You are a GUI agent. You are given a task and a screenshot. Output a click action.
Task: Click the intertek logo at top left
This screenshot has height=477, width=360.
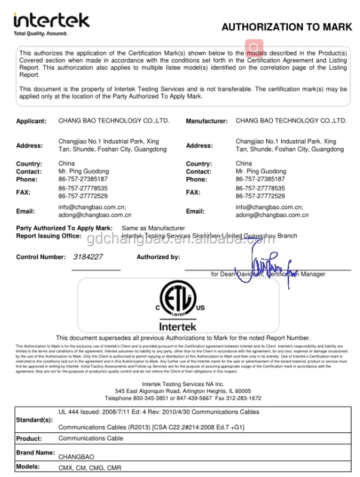[x=51, y=20]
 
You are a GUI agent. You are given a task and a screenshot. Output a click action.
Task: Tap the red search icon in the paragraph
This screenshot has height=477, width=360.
[x=253, y=48]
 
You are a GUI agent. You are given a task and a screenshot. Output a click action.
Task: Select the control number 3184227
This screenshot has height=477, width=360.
[x=88, y=257]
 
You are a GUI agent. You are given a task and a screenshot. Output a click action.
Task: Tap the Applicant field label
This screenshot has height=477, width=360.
[x=31, y=121]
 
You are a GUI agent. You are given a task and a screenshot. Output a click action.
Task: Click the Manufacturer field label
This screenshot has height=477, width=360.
[x=207, y=121]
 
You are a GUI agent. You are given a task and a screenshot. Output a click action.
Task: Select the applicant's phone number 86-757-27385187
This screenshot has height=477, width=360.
[x=83, y=179]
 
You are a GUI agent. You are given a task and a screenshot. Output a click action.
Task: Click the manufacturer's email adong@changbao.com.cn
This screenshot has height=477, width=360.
[x=272, y=215]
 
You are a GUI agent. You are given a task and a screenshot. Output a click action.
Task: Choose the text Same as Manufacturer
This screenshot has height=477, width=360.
[x=153, y=228]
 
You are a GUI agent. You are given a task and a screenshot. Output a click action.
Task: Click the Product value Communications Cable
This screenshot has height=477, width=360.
[x=91, y=439]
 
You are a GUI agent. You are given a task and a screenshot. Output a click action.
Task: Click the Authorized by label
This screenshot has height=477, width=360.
[x=158, y=257]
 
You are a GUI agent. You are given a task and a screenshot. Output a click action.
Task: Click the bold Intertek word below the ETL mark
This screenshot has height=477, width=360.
[x=177, y=327]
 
